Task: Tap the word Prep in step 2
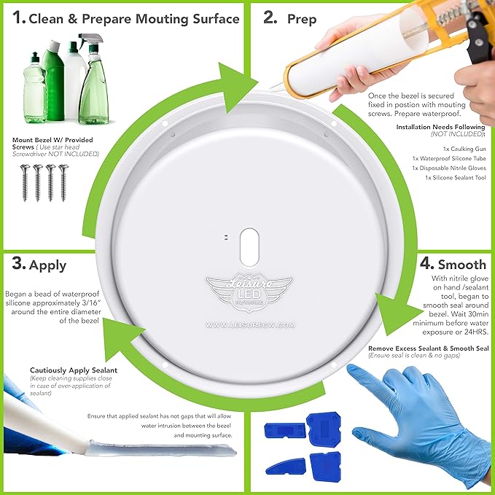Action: point(302,20)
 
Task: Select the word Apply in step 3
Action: point(47,266)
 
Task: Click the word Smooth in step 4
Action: point(462,265)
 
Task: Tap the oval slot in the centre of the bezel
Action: point(249,247)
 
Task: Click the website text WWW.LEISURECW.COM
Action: point(250,325)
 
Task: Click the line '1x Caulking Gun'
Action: point(464,149)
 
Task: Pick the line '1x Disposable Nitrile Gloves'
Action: point(449,168)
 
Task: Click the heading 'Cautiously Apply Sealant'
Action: point(74,370)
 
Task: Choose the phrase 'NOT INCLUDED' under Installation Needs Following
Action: point(457,134)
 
